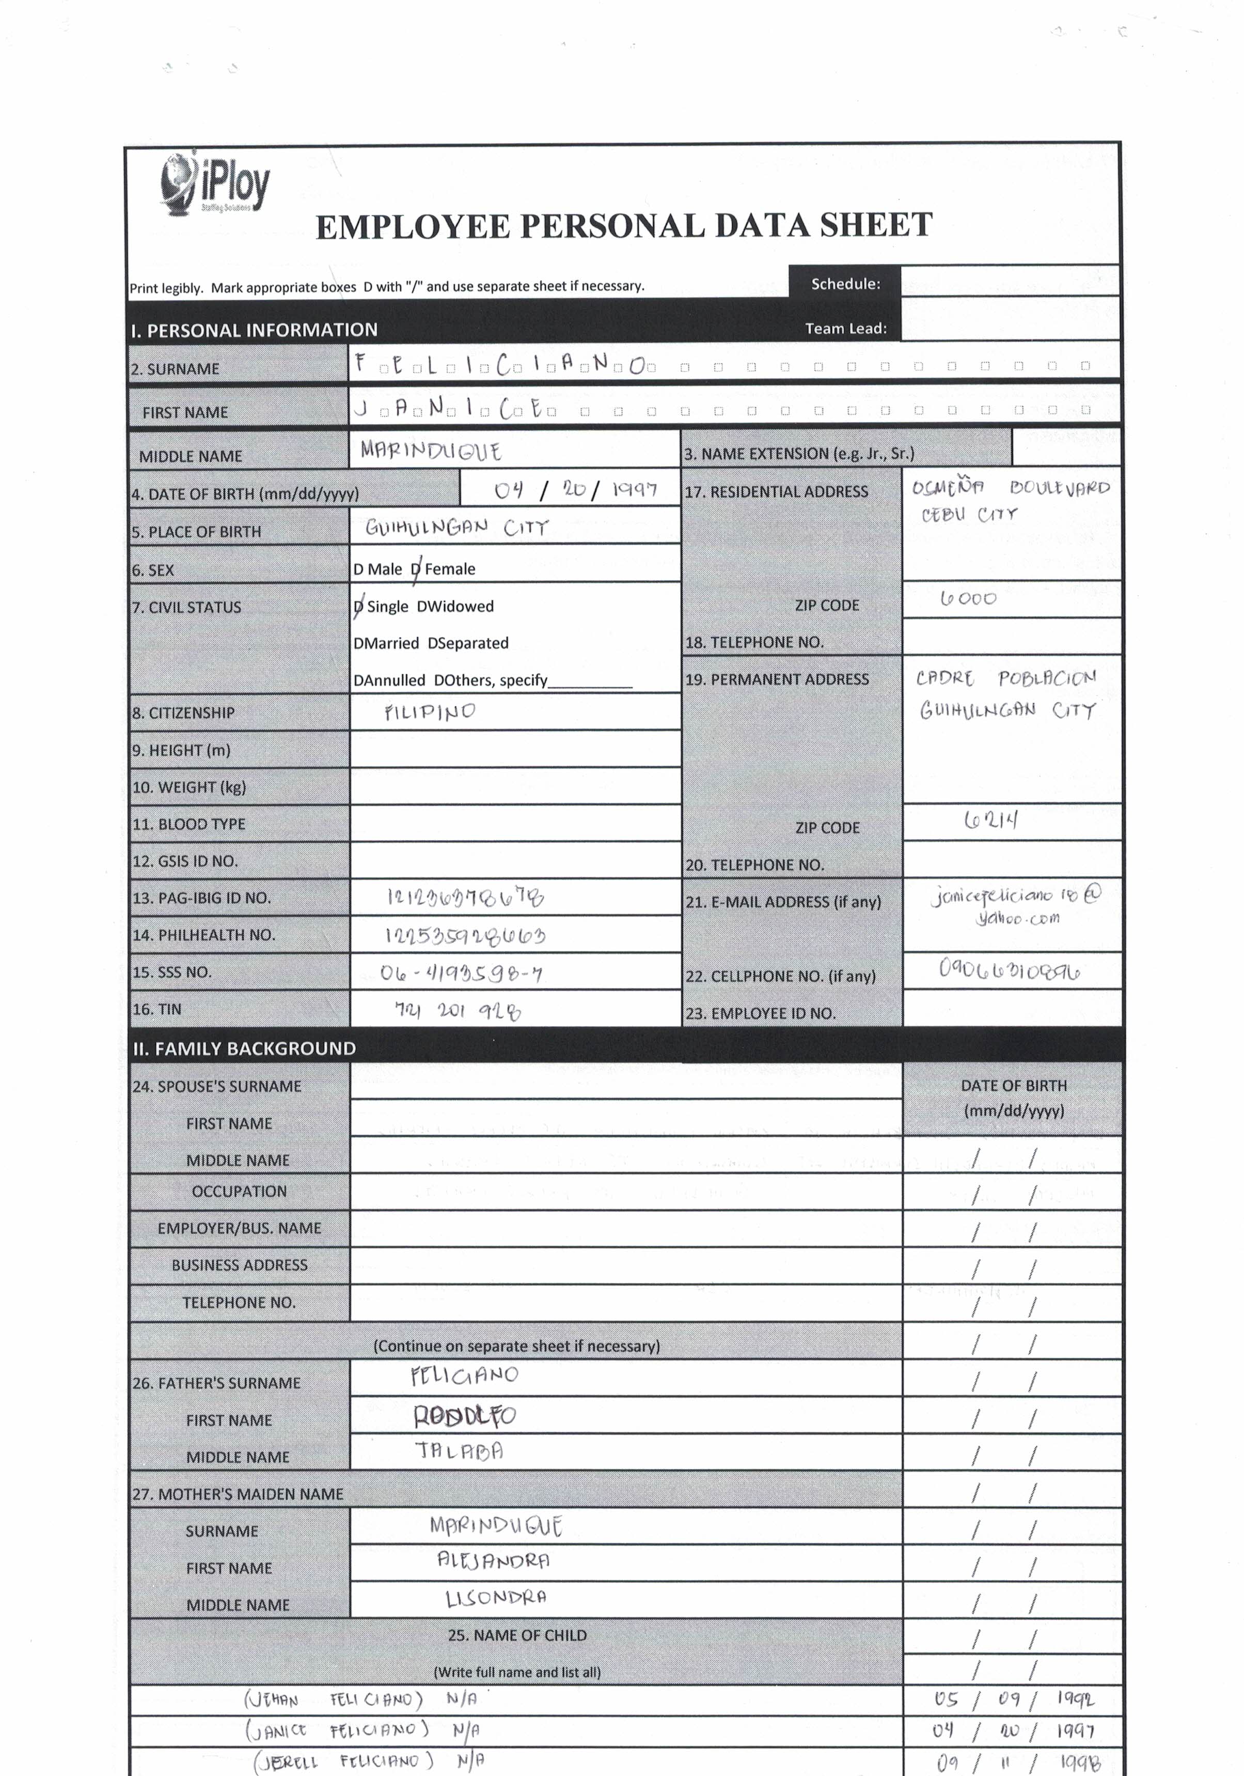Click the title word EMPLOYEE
(x=413, y=227)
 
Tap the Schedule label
(x=845, y=284)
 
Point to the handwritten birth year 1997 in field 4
(x=634, y=490)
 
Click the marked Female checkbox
(x=416, y=569)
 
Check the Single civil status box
(x=358, y=607)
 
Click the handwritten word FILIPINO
(x=430, y=712)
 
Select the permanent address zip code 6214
(x=990, y=820)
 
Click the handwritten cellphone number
(x=1009, y=970)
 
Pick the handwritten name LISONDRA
(x=496, y=1597)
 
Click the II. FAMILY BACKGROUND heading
(x=244, y=1048)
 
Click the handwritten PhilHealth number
(x=465, y=936)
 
